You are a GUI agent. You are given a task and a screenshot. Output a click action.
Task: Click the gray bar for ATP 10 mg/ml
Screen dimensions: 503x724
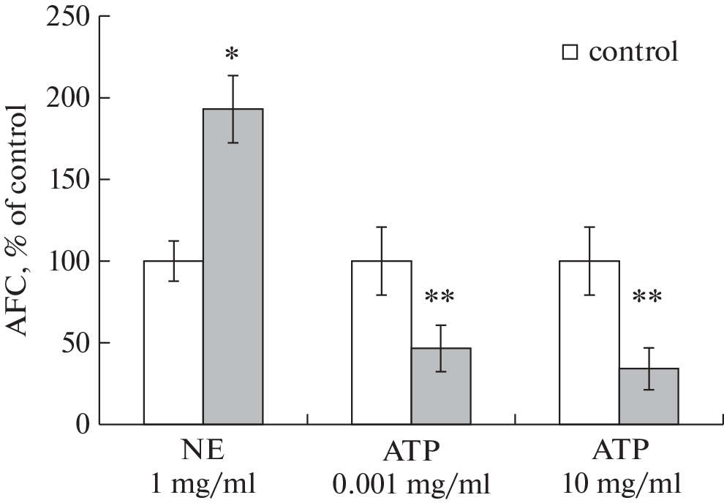pos(649,396)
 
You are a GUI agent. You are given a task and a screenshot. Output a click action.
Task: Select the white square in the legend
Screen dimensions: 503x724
pos(570,53)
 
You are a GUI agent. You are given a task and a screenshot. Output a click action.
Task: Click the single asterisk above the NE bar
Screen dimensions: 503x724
pos(233,56)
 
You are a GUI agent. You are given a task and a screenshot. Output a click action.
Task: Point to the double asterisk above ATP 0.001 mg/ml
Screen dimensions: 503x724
pos(440,298)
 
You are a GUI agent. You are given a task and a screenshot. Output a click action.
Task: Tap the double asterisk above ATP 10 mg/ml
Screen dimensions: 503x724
pos(648,298)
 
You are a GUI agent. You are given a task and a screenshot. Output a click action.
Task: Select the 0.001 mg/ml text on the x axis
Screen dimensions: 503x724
pos(411,484)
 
